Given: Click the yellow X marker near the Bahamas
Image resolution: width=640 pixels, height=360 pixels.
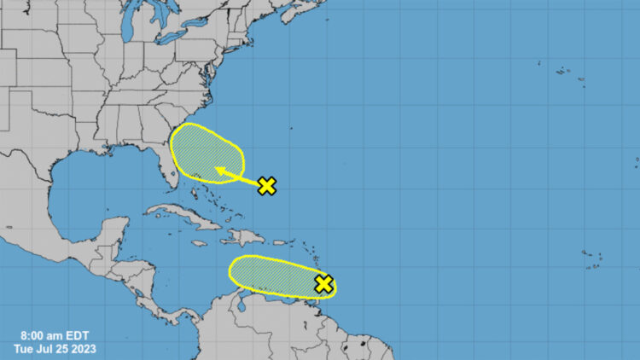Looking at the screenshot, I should point(267,185).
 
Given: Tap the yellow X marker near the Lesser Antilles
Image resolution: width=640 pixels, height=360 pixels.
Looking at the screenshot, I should point(323,284).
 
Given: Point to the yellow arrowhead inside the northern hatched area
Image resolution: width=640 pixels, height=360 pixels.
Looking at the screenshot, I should point(218,171).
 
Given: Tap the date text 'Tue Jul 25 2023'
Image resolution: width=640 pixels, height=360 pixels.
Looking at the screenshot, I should point(55,348).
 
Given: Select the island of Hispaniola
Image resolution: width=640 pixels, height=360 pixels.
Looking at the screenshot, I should point(243,236).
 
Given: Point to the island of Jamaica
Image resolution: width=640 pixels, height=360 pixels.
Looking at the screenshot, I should point(198,243).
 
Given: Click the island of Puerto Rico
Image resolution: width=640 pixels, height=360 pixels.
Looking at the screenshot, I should point(279,242).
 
